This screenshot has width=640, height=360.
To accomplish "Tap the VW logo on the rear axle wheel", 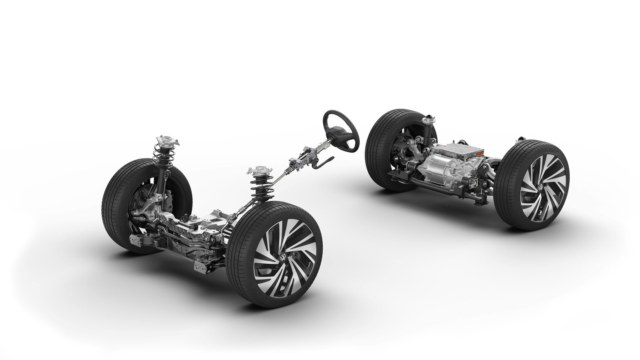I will pos(540,187).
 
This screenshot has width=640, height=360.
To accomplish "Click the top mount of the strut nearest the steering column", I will pos(258,170).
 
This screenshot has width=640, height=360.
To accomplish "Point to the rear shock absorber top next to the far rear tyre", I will pos(427,123).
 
